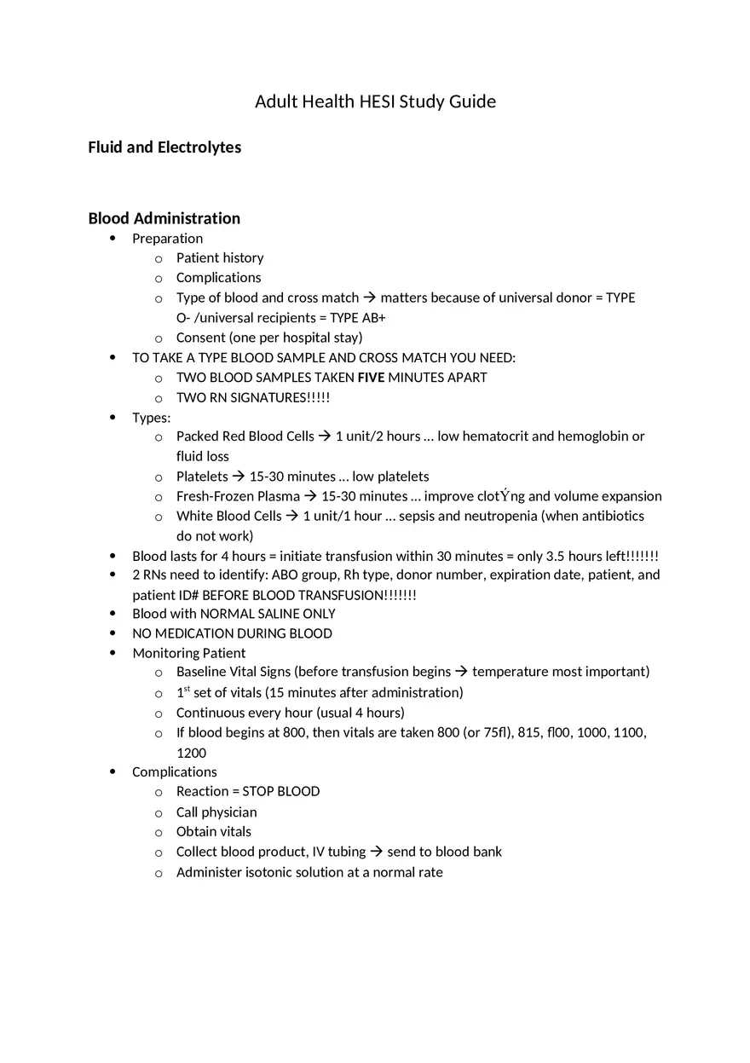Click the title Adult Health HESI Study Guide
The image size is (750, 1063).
click(375, 101)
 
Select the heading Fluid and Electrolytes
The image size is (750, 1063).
click(164, 147)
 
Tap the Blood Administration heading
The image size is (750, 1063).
click(164, 218)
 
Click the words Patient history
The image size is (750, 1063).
click(220, 257)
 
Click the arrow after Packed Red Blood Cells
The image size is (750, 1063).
click(325, 436)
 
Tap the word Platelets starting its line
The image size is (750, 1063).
click(202, 477)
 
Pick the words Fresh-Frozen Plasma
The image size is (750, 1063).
click(238, 496)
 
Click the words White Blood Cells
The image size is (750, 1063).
click(228, 516)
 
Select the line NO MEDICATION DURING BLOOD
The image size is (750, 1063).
click(232, 633)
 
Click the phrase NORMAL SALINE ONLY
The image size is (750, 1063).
click(268, 614)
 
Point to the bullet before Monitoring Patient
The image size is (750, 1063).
click(113, 653)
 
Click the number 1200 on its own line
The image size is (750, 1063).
click(191, 753)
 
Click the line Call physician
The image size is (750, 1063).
click(216, 812)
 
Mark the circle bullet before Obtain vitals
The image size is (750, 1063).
click(159, 832)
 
